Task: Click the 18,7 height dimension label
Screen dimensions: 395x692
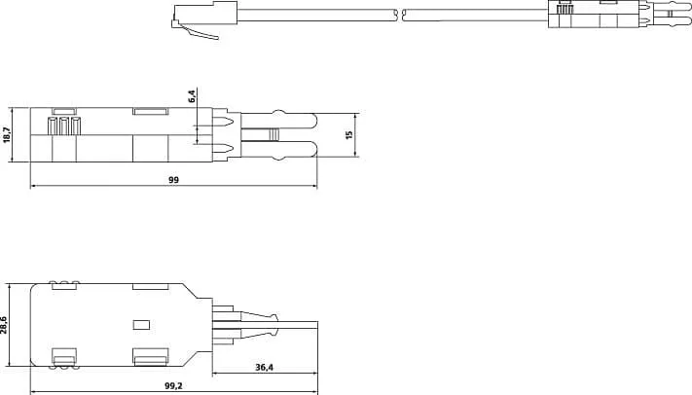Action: [7, 134]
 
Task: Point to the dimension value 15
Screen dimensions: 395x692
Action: [349, 134]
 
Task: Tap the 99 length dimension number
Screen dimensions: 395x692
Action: [173, 179]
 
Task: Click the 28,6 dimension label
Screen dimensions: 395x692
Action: [5, 324]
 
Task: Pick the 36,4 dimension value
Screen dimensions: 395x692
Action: [264, 368]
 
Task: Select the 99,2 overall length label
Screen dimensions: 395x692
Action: [172, 385]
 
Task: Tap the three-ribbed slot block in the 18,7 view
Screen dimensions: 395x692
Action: [65, 125]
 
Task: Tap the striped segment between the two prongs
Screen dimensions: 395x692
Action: [273, 134]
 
